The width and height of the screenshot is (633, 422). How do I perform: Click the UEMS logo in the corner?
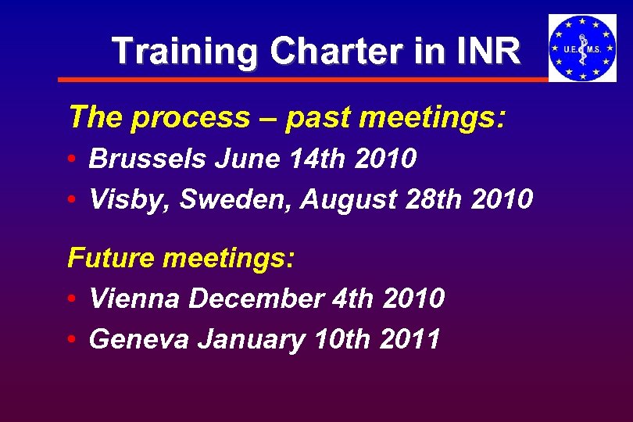tap(582, 48)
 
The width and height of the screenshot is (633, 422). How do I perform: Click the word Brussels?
tap(146, 159)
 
